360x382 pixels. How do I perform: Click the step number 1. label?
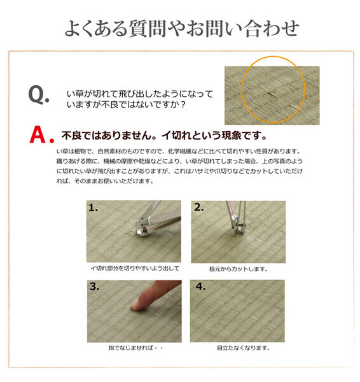click(94, 208)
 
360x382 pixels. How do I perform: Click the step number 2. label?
click(198, 208)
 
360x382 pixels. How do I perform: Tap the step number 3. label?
click(95, 287)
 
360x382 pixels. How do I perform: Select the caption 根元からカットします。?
click(239, 269)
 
